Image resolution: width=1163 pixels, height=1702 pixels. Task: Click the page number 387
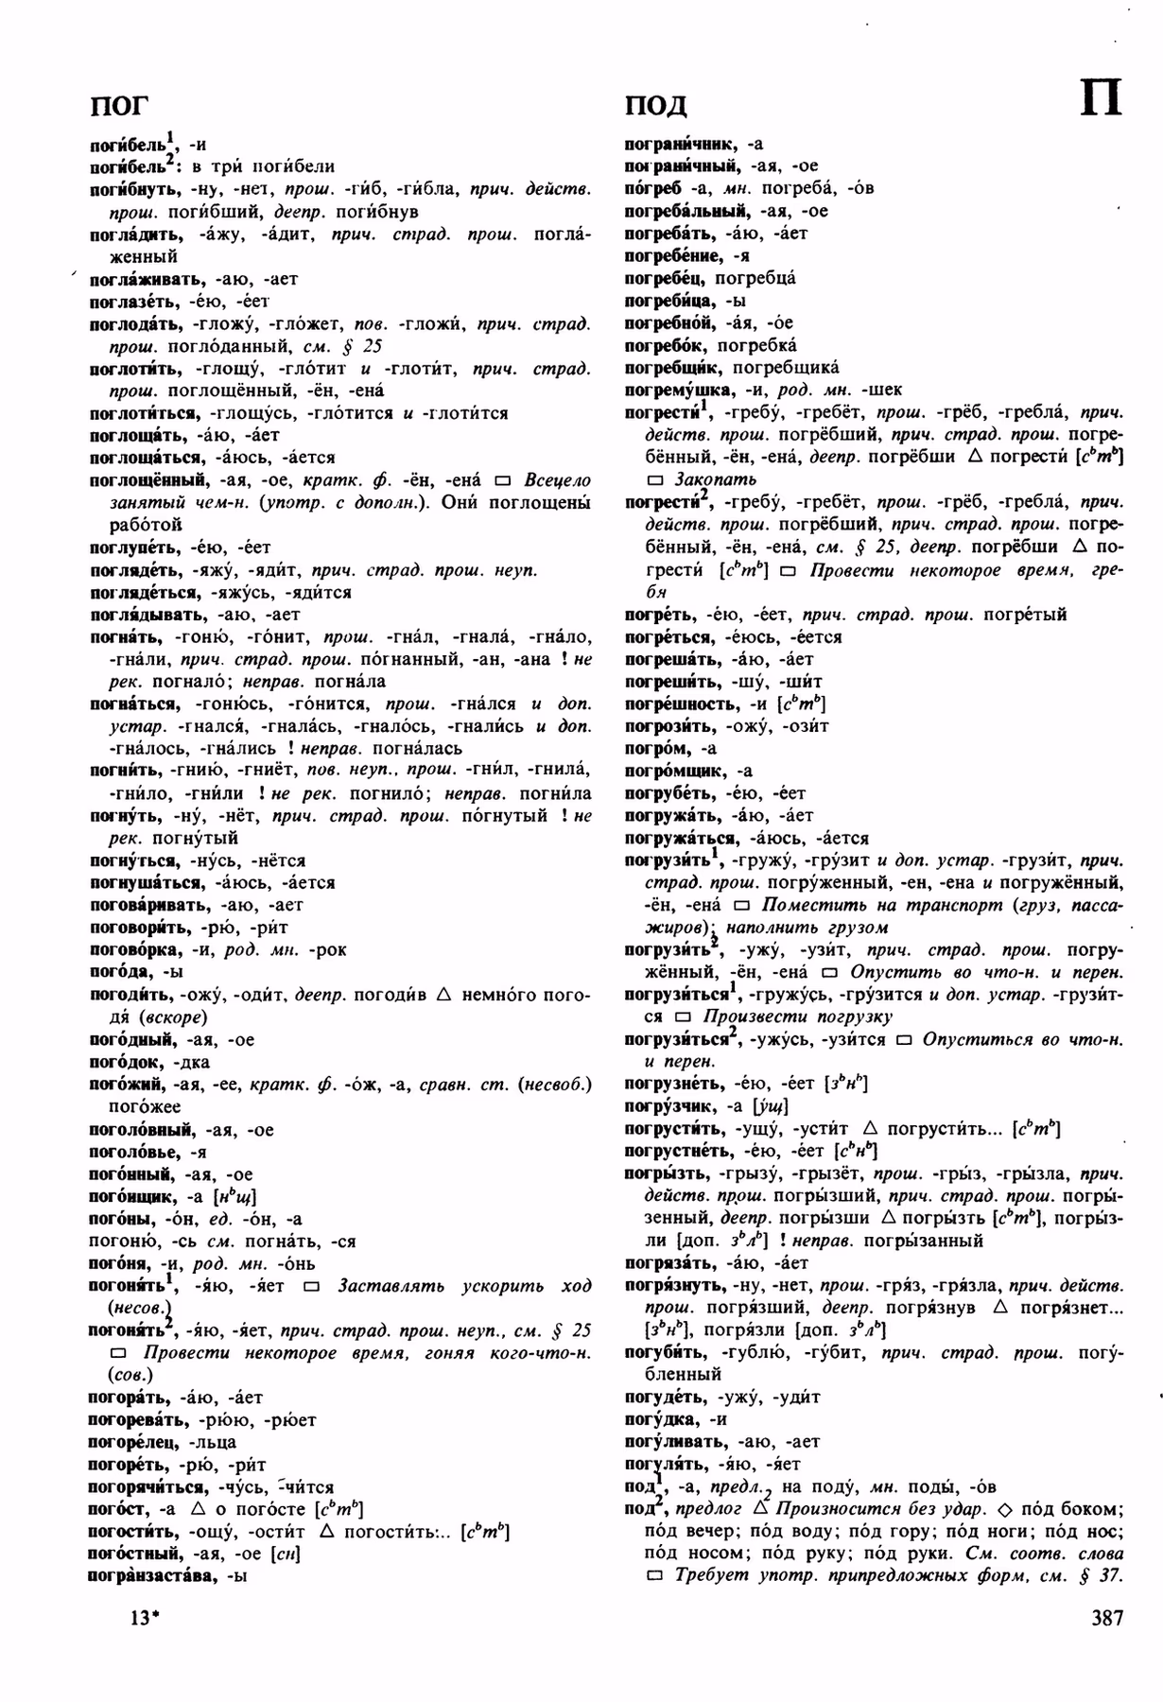1106,1618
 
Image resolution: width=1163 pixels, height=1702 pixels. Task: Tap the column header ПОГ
119,104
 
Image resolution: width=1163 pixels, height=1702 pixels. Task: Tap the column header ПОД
655,104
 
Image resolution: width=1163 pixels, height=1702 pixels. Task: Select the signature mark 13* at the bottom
141,1618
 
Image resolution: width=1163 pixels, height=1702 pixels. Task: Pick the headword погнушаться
145,882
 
